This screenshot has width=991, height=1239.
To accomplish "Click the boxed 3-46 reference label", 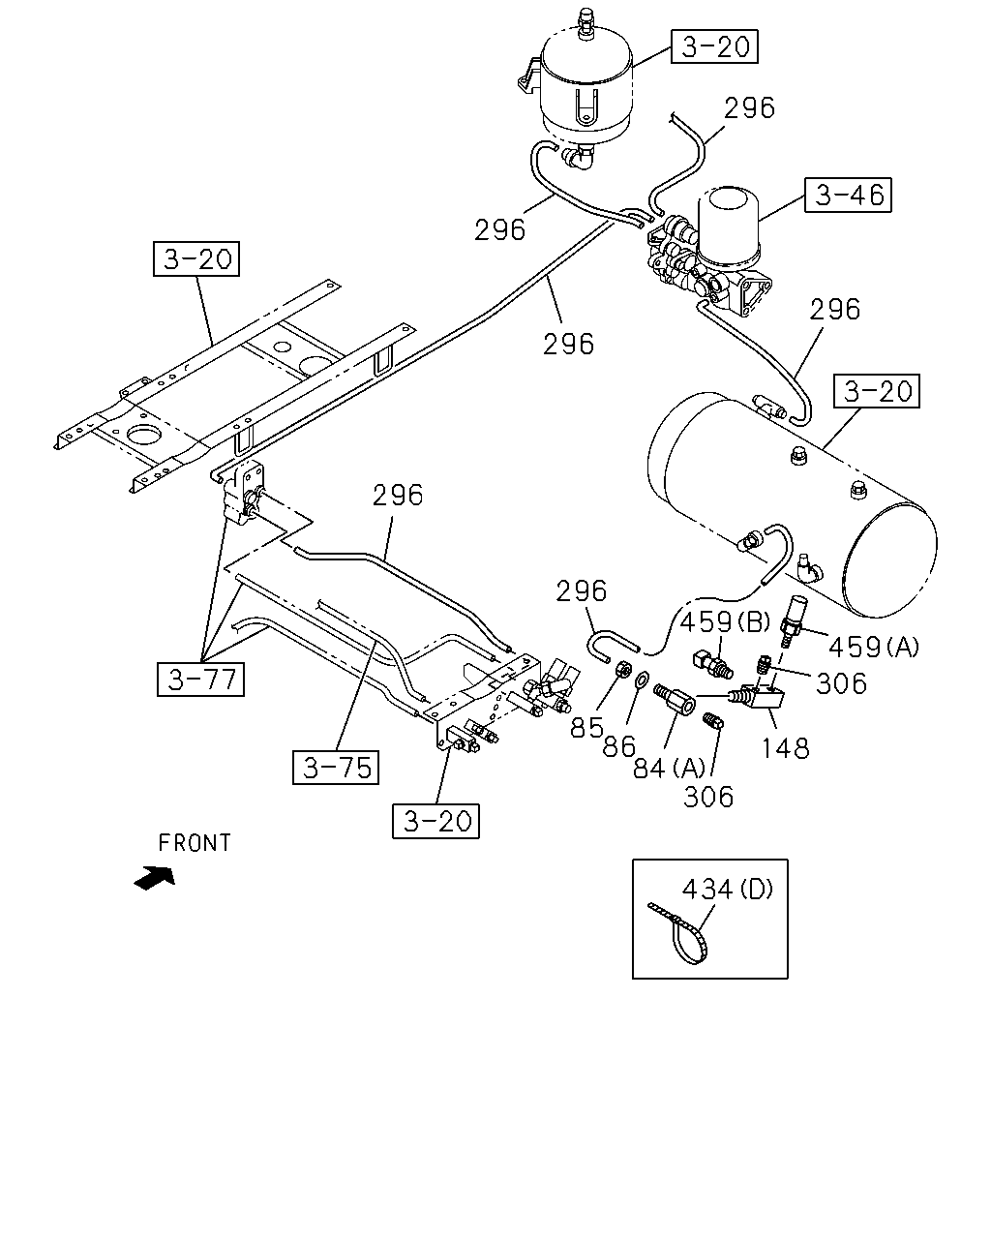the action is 848,196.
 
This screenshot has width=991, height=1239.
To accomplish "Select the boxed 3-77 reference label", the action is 200,680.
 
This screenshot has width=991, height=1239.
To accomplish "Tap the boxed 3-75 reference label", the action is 336,768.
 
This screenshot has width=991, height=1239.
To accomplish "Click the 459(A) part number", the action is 874,648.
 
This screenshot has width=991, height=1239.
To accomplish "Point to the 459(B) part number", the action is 725,622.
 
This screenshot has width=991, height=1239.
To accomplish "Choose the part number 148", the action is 786,748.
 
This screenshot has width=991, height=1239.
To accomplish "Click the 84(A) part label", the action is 669,768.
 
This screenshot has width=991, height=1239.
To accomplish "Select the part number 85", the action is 586,728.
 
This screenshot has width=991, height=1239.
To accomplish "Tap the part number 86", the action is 619,747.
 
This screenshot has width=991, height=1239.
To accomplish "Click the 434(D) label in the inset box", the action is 727,890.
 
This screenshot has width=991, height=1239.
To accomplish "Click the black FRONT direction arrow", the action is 154,878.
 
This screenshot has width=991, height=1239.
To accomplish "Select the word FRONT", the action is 195,843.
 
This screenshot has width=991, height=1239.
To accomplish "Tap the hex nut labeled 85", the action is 621,670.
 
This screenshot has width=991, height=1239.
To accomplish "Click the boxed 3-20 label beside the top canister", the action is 714,46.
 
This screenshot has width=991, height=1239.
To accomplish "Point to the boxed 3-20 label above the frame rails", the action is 196,259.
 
